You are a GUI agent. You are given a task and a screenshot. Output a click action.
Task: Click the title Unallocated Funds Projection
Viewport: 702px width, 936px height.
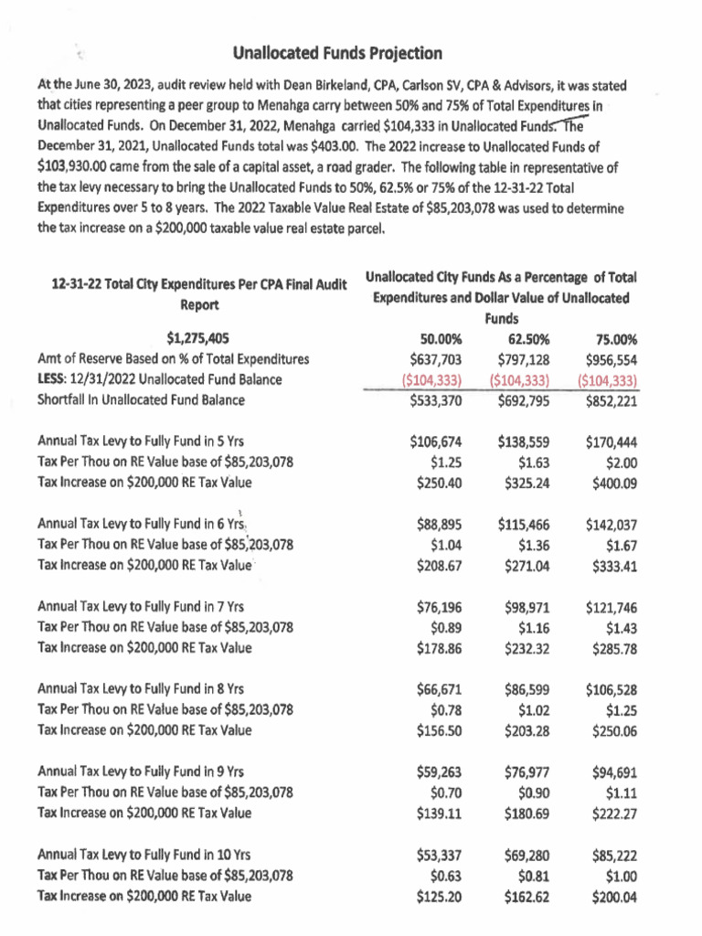click(338, 54)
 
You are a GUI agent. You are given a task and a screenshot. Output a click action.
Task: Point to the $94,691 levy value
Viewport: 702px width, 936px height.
click(613, 772)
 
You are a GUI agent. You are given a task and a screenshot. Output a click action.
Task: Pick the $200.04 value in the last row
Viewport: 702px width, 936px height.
click(613, 897)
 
